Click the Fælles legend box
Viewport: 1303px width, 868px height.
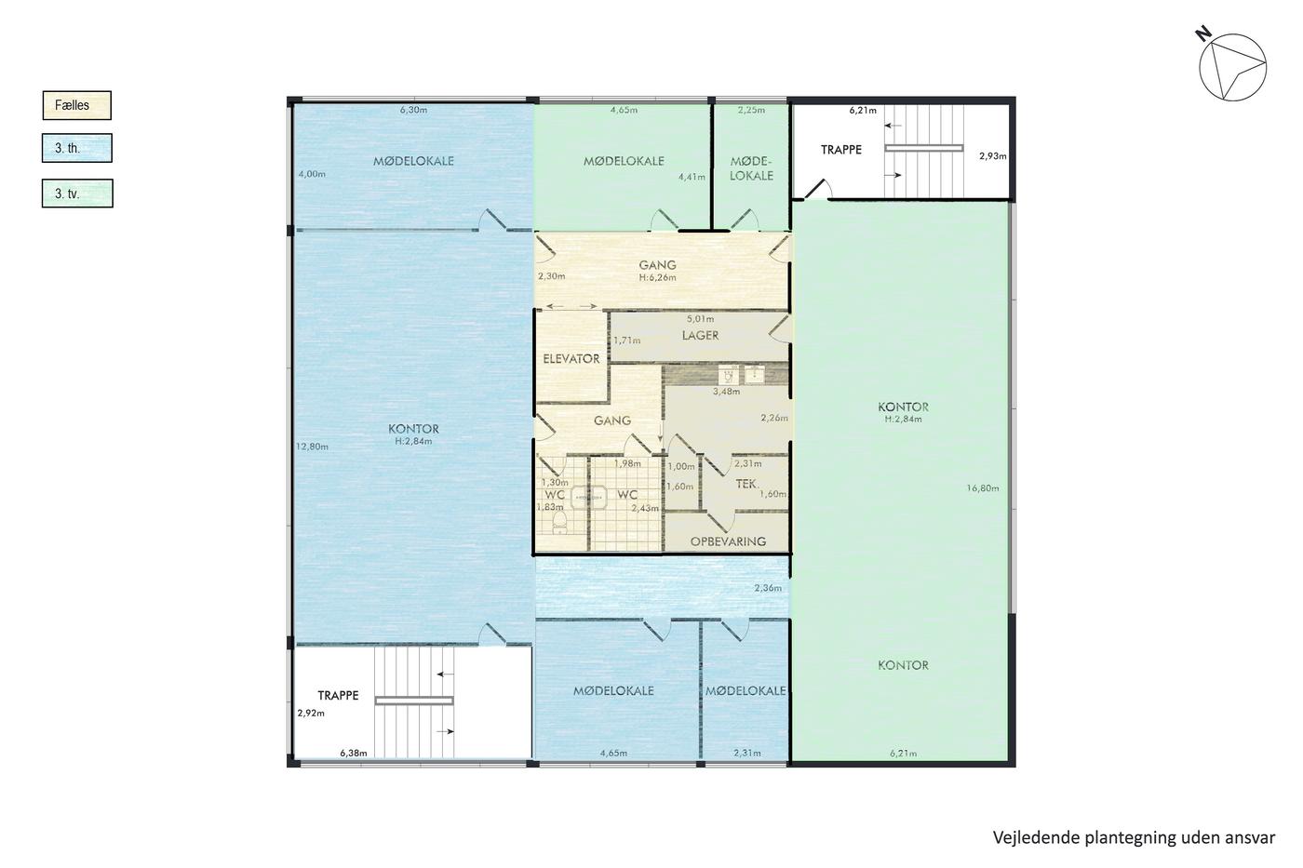76,105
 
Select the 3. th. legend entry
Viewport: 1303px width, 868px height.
76,148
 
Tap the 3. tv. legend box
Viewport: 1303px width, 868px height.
77,193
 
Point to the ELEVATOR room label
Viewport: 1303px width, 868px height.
571,359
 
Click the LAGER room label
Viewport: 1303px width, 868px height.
700,336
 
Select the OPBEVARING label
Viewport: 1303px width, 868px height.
728,541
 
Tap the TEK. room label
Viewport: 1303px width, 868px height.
746,483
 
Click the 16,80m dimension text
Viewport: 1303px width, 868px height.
983,488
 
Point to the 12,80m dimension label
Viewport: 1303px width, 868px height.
312,447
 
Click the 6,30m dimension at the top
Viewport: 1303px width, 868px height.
413,110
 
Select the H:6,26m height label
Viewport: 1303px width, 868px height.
657,278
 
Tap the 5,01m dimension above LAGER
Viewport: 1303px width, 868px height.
700,318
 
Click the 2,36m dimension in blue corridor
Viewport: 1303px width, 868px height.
768,588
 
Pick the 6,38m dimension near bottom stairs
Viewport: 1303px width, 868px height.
354,753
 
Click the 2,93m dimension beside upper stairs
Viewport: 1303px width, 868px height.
992,155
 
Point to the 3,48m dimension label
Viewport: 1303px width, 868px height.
727,392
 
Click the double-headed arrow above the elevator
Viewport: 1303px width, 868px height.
571,306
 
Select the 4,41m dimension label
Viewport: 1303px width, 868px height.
692,177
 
